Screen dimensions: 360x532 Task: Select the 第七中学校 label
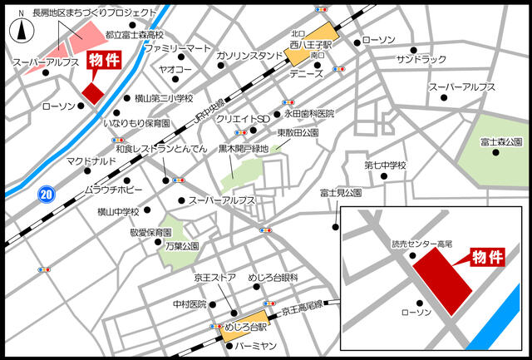pos(385,165)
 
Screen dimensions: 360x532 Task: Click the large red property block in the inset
pos(443,281)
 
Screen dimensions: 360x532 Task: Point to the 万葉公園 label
pos(181,246)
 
